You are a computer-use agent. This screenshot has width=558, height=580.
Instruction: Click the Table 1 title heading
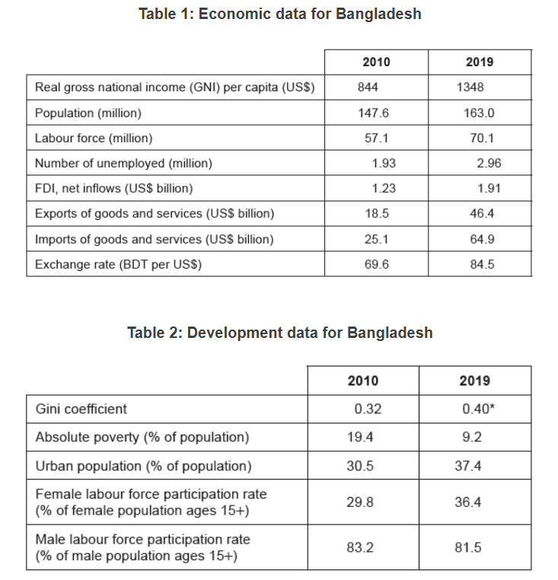pos(279,14)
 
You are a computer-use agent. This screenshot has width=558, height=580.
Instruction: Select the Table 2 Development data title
pos(279,333)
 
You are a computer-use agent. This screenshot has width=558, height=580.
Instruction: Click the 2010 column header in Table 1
pos(376,62)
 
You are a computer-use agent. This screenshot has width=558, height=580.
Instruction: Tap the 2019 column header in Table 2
pos(475,381)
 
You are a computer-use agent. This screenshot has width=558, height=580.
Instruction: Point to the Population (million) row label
pos(88,113)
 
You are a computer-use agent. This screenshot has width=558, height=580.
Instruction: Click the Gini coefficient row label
pos(81,409)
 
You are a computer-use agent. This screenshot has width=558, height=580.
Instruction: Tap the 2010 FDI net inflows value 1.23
pos(384,188)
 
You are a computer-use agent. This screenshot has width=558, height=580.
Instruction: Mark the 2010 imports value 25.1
pos(376,239)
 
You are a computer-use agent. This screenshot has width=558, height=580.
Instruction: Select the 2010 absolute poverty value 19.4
pos(360,438)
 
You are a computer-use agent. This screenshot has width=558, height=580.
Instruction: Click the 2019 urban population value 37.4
pos(468,466)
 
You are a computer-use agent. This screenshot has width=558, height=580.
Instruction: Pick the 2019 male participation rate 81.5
pos(468,547)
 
